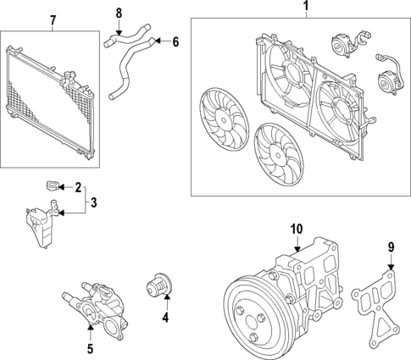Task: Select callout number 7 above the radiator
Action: click(x=53, y=19)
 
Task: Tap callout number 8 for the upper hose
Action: click(x=119, y=12)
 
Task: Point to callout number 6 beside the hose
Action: click(x=175, y=41)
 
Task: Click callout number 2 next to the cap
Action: click(x=78, y=187)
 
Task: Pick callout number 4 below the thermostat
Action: click(x=166, y=318)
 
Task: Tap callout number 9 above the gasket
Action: click(x=391, y=247)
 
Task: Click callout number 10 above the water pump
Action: click(x=296, y=229)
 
